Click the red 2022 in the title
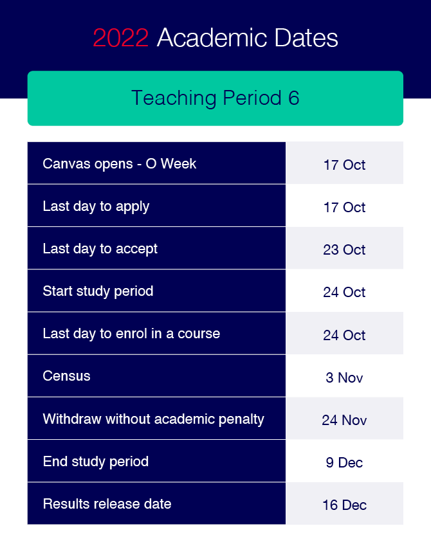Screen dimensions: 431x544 [121, 38]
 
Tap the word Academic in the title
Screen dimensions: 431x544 [212, 37]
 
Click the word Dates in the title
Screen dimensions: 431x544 [306, 37]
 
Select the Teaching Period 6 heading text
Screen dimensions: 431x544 [215, 98]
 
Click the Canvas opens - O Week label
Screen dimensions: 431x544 [120, 163]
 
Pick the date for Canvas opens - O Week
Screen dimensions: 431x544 [344, 165]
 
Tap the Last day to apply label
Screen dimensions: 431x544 [96, 206]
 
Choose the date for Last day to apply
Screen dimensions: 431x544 [344, 208]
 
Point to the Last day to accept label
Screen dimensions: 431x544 [100, 249]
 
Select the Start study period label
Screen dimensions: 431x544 [98, 291]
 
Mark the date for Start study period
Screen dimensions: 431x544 [344, 293]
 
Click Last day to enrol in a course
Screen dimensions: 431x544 [131, 334]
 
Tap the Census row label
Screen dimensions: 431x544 [67, 376]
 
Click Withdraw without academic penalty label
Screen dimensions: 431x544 [153, 419]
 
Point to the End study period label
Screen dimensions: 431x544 [96, 462]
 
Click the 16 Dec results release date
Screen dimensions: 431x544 [344, 505]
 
